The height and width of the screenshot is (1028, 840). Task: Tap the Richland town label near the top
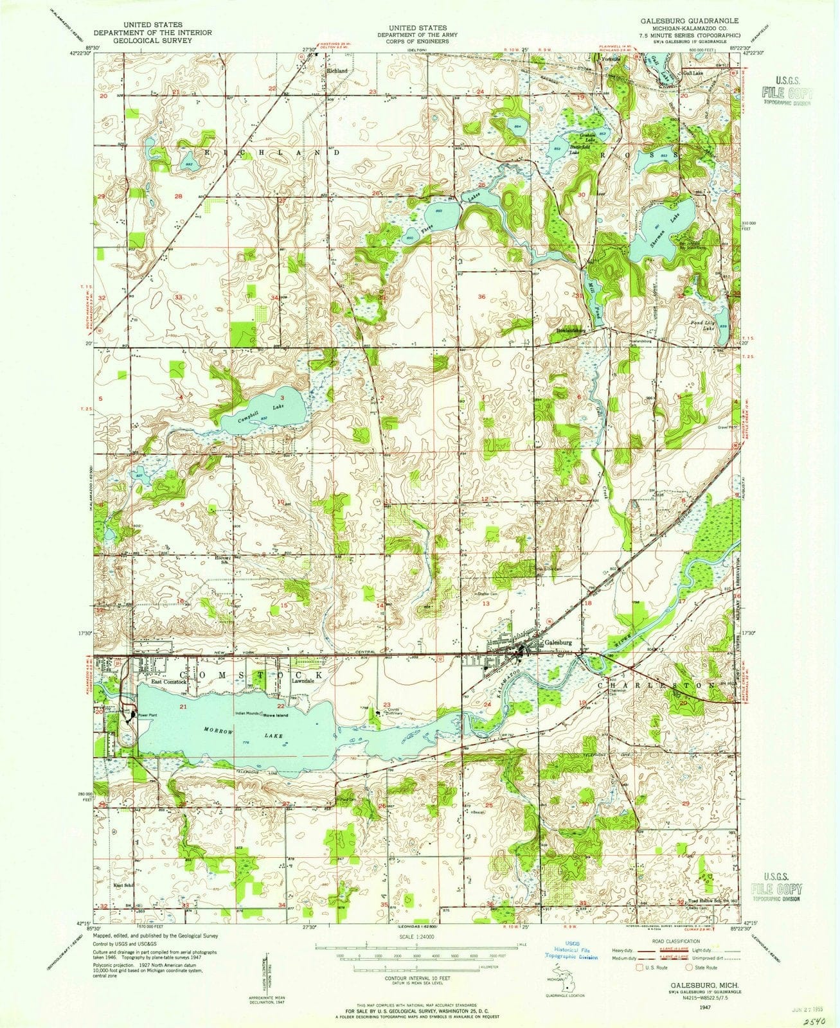pyautogui.click(x=337, y=71)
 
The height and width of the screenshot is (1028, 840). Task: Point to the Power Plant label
pyautogui.click(x=147, y=714)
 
